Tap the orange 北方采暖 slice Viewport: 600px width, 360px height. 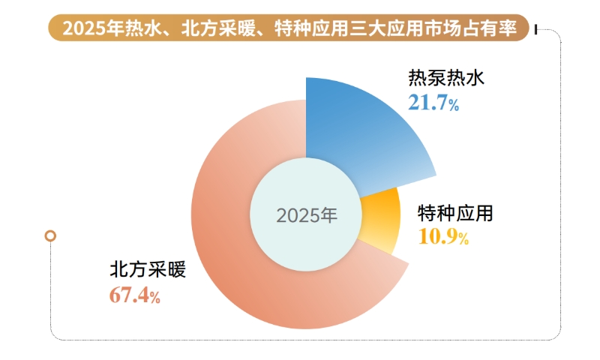[247, 285]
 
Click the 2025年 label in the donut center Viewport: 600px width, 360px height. [307, 215]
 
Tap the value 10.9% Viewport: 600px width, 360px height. [442, 238]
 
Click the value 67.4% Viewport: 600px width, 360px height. [135, 295]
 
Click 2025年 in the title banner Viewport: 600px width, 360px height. [89, 29]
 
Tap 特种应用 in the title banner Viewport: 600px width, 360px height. [308, 29]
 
